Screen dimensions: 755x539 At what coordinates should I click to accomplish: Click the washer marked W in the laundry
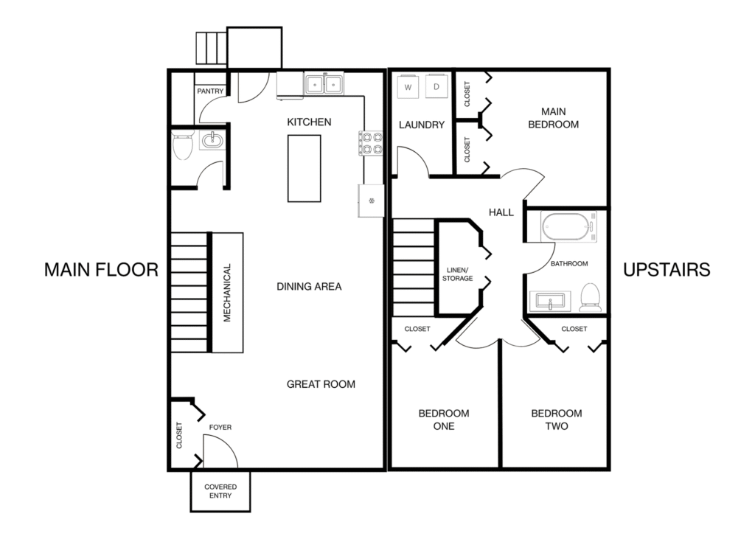408,87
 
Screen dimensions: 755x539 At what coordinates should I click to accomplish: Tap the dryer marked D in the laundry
436,87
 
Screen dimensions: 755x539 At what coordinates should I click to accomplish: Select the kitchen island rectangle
305,169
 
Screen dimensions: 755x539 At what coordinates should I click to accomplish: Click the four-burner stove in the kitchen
370,143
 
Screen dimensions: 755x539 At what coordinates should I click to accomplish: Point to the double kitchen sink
324,84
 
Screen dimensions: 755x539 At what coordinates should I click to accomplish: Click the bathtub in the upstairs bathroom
568,226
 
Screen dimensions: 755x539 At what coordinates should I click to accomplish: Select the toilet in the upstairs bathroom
590,298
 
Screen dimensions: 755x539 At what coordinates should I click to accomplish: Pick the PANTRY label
210,91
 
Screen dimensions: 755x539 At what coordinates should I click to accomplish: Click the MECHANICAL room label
227,293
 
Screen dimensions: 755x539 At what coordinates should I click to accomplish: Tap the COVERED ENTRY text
220,491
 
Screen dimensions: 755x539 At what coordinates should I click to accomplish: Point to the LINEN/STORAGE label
457,274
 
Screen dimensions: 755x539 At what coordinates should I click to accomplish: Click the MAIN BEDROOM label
553,118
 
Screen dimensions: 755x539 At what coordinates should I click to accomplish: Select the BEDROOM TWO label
557,420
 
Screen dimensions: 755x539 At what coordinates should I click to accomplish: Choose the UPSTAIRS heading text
667,270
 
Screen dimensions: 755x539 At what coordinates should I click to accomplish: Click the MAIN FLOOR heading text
101,270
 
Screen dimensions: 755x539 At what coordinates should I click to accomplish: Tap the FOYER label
220,427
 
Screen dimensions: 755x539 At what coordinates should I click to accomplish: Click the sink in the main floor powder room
212,141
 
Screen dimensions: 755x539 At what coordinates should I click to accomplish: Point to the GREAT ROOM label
321,384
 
